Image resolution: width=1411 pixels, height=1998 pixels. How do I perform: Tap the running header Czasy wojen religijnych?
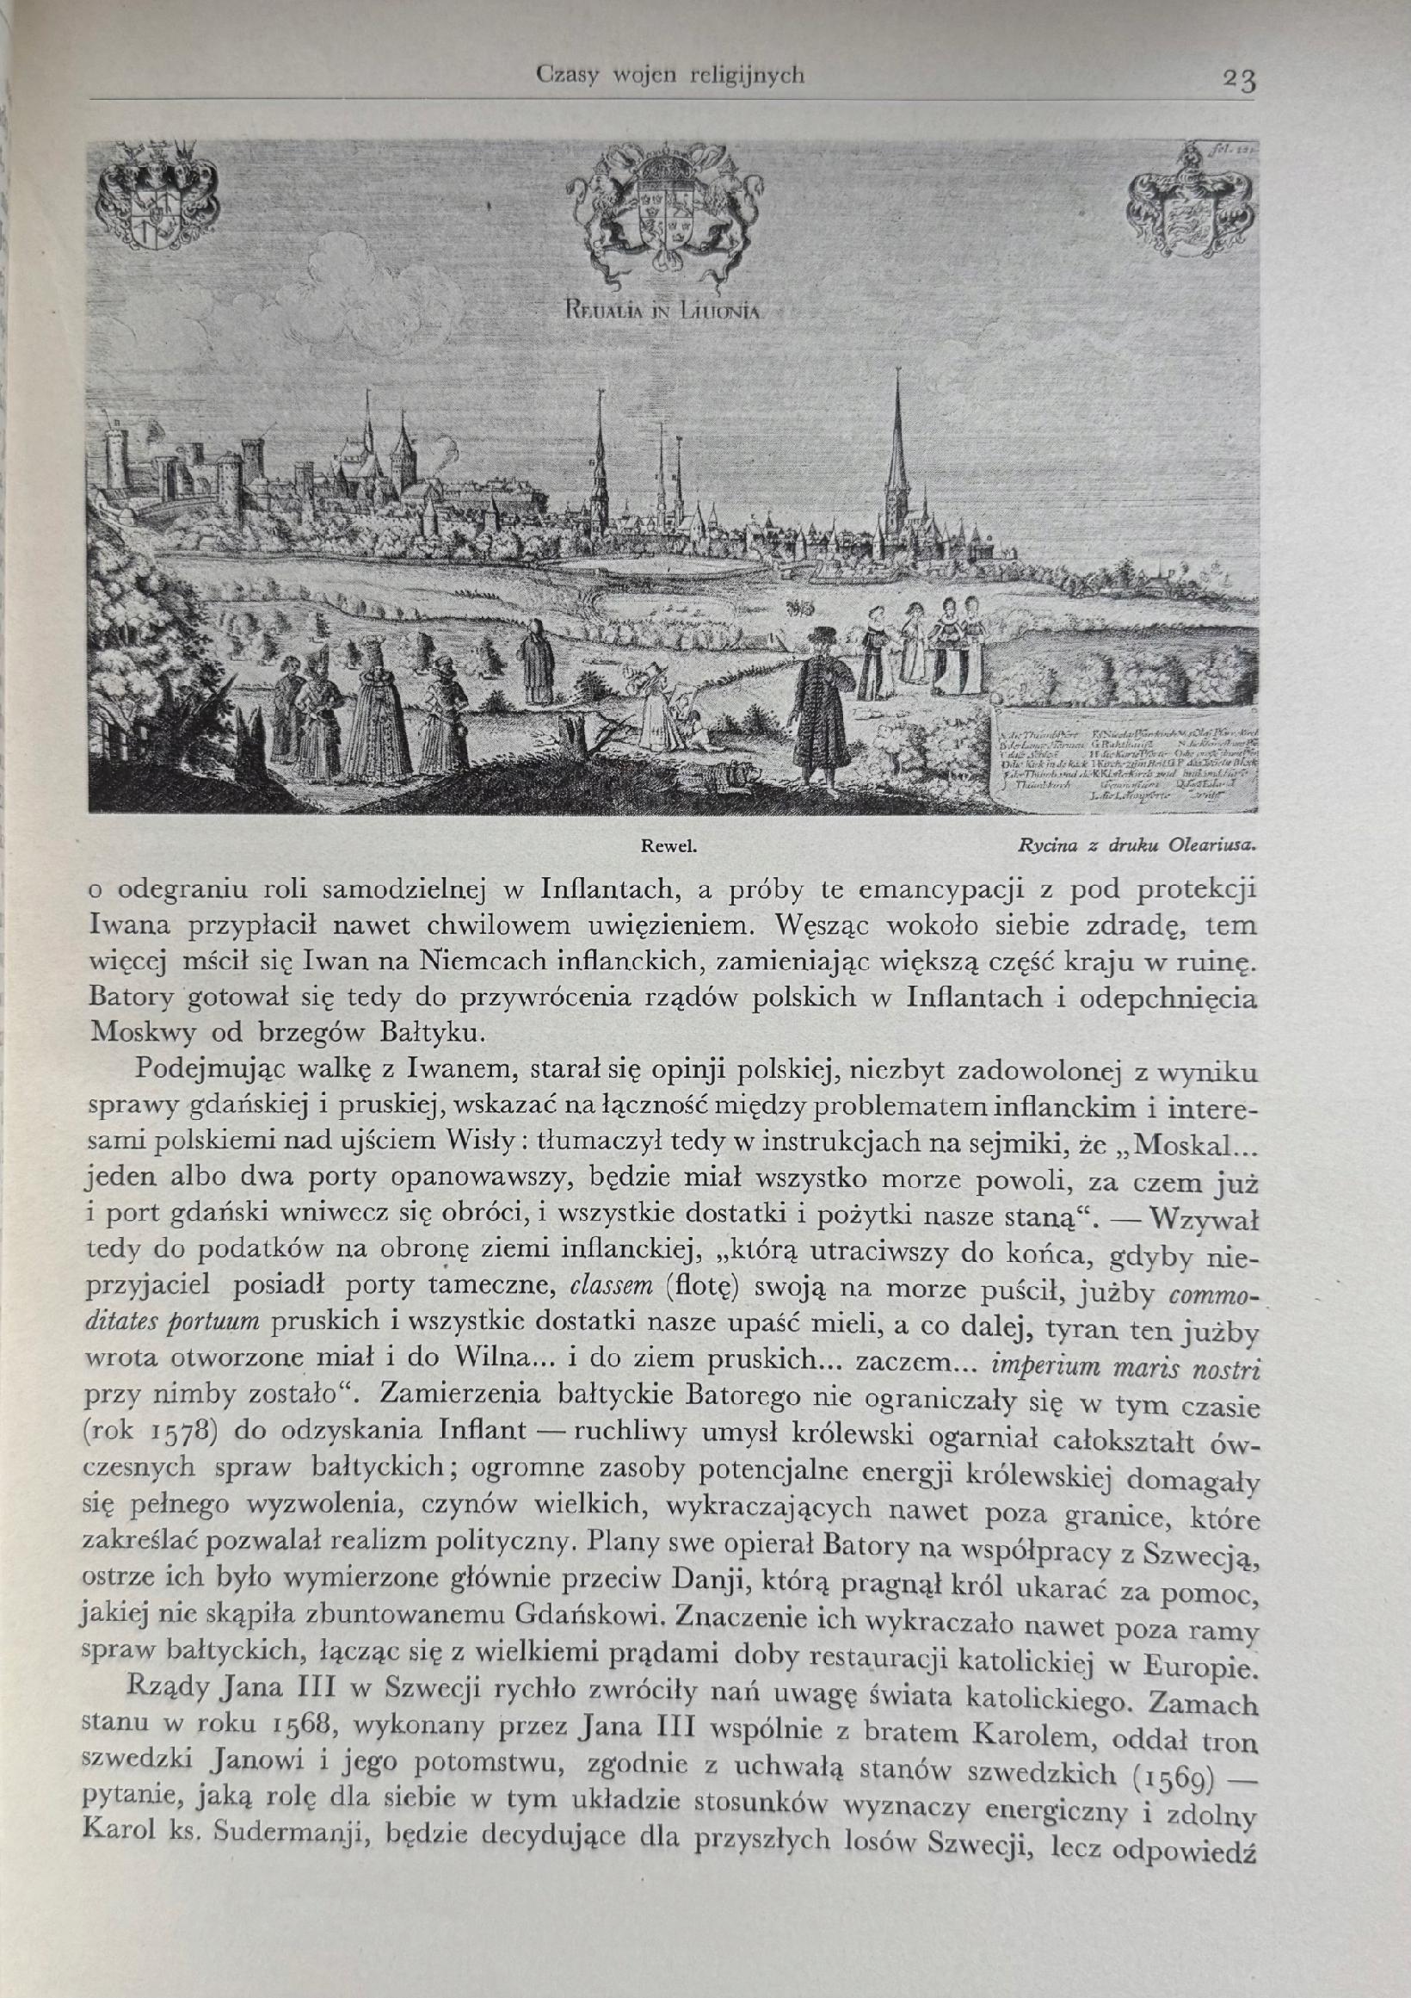coord(670,76)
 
